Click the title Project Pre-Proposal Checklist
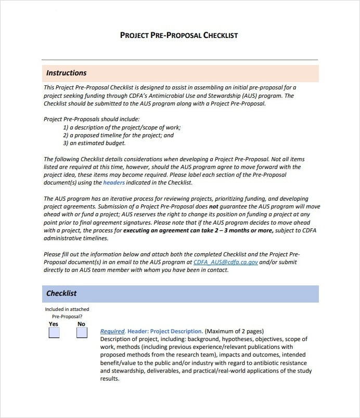pos(179,35)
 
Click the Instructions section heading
pos(66,73)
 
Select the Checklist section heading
pos(61,293)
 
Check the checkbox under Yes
pos(54,333)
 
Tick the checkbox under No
pos(82,333)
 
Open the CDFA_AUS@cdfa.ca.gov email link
pos(225,263)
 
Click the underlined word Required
pos(112,331)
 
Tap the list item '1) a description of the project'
pos(122,127)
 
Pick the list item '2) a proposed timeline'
pos(118,135)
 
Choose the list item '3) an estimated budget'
pos(94,143)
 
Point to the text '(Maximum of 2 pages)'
pos(234,331)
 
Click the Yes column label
pos(54,324)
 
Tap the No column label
pos(82,324)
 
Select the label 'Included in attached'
pos(67,309)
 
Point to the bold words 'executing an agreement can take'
pos(164,231)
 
